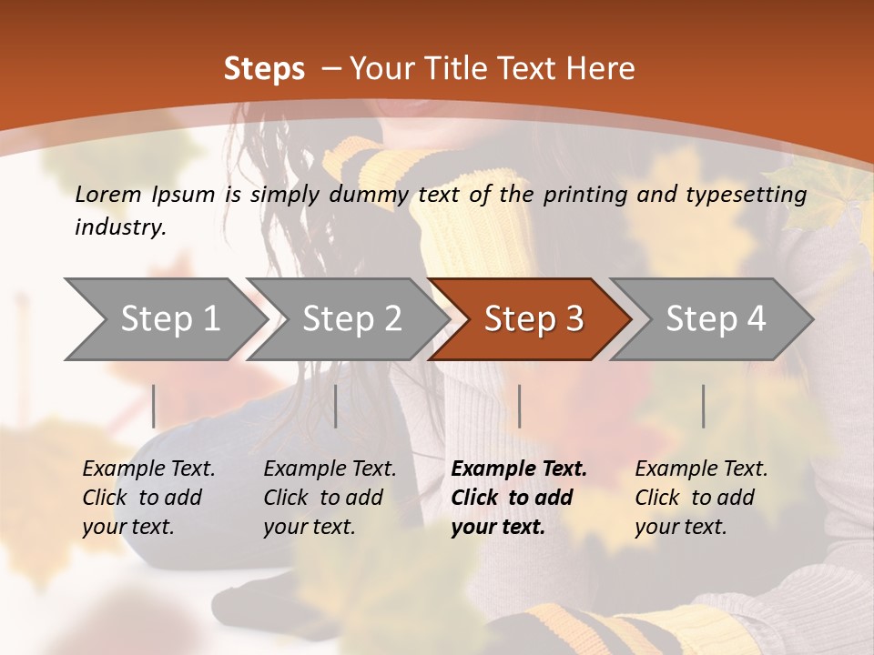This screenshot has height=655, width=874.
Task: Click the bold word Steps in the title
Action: click(x=264, y=69)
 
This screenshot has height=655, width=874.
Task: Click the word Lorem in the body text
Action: click(x=107, y=194)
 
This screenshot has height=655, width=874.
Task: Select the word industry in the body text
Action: click(x=119, y=227)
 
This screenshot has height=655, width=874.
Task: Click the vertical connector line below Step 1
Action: click(x=154, y=406)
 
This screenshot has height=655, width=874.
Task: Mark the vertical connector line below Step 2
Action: click(x=336, y=406)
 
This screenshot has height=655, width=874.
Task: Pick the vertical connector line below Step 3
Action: click(x=519, y=406)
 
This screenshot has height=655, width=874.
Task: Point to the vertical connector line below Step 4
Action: click(x=703, y=406)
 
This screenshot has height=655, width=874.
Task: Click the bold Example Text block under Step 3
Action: click(x=519, y=498)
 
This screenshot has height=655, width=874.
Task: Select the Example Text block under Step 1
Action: click(x=148, y=498)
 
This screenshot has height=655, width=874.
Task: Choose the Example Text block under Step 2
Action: click(x=330, y=498)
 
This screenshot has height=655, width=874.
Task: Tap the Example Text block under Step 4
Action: click(x=701, y=498)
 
